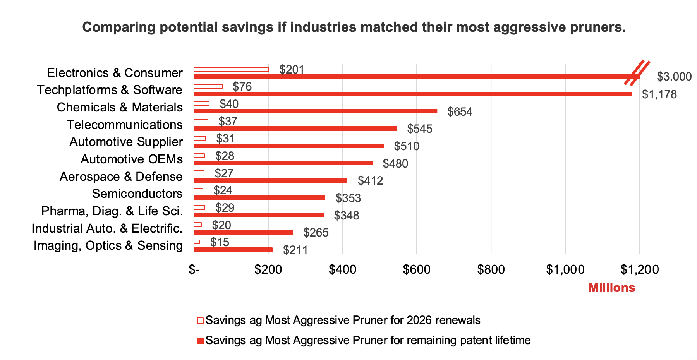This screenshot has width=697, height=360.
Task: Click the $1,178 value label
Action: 659,94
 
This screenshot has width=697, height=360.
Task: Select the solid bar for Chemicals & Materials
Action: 316,111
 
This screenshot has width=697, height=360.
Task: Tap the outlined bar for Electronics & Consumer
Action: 231,70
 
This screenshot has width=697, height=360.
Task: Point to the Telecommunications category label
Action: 124,125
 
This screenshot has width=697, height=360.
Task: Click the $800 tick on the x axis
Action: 491,269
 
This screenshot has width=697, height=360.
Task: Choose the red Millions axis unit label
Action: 611,288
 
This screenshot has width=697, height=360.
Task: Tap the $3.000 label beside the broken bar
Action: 674,77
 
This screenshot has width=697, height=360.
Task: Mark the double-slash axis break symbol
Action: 637,73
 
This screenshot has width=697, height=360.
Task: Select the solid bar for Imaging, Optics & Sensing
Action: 233,250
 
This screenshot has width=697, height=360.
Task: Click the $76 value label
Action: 242,87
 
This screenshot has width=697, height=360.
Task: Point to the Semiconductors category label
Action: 137,194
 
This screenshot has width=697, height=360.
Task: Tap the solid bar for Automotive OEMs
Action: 283,163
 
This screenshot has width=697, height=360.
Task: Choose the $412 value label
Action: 370,181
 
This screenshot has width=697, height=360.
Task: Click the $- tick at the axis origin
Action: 194,269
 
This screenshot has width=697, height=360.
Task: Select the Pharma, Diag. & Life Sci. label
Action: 112,211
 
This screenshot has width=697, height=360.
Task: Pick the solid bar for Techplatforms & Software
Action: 412,94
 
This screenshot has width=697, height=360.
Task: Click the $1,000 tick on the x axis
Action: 565,269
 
